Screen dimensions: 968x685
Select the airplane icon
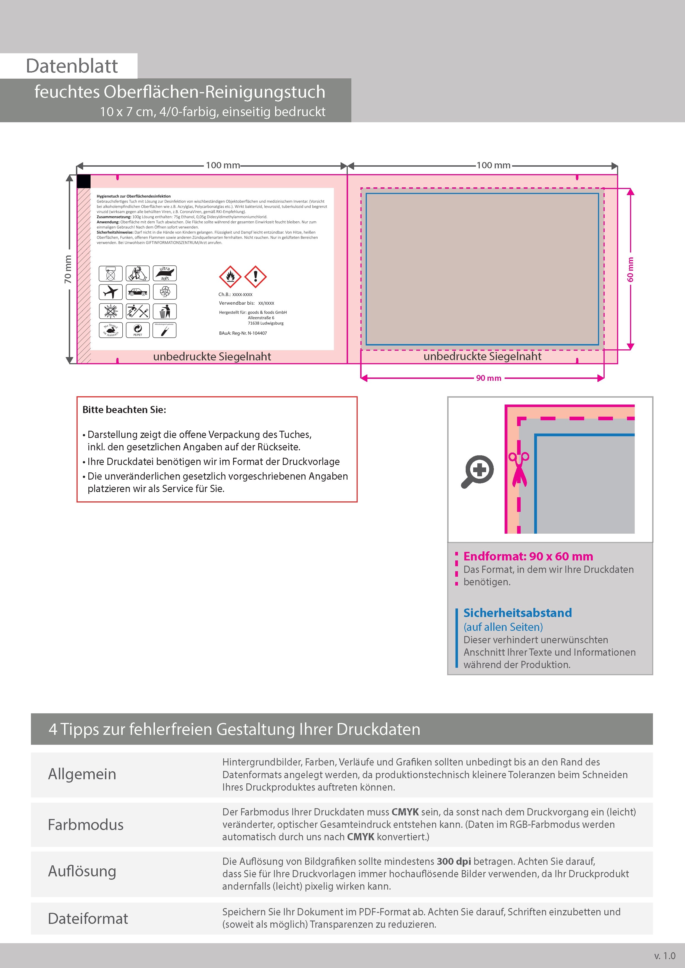(x=110, y=292)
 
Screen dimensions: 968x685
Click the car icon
(x=138, y=292)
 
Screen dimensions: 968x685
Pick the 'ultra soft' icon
(x=165, y=273)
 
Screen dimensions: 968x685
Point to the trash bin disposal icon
(x=165, y=311)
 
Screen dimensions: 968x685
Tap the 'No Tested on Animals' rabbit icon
(x=110, y=330)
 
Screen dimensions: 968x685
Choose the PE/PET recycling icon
(x=138, y=330)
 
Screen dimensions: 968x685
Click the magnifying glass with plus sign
(x=478, y=471)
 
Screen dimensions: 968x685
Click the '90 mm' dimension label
(x=489, y=378)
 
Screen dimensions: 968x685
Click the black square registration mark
(x=84, y=181)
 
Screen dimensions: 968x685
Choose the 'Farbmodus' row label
(x=86, y=825)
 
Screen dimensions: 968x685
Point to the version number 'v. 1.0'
(x=665, y=956)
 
